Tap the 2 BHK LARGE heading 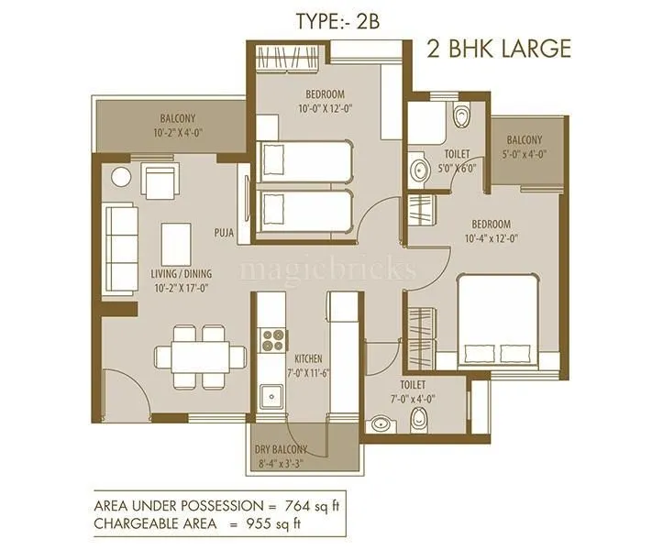[499, 49]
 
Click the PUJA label [223, 233]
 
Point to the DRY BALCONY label [293, 449]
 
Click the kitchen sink [271, 398]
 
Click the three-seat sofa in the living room [121, 234]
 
